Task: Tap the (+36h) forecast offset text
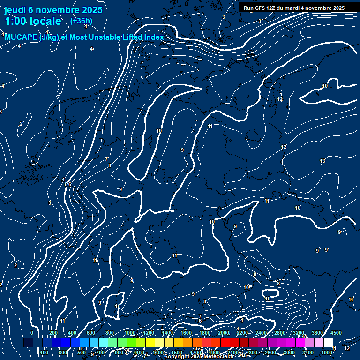[x=81, y=21]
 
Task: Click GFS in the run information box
[x=260, y=8]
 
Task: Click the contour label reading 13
[x=322, y=161]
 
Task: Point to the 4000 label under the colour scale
[x=327, y=352]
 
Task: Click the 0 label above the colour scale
[x=31, y=333]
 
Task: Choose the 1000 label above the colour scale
[x=130, y=333]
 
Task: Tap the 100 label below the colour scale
[x=44, y=352]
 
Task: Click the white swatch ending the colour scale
[x=328, y=343]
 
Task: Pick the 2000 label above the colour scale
[x=224, y=333]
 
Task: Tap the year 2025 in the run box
[x=337, y=8]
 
